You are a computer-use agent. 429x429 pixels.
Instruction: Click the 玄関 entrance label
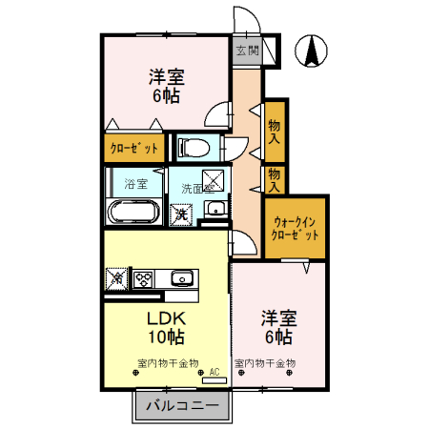(x=247, y=49)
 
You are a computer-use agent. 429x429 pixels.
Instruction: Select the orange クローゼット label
(x=133, y=148)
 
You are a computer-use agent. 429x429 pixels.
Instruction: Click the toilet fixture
(x=194, y=148)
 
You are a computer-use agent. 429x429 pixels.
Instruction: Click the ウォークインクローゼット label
(x=295, y=226)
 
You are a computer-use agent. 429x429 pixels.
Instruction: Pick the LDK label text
(x=164, y=317)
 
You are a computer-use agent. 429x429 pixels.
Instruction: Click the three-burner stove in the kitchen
(x=144, y=279)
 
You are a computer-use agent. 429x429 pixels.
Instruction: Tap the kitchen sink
(x=182, y=279)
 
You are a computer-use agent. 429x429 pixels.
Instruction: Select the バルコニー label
(x=183, y=406)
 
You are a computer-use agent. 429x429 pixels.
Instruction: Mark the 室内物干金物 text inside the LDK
(x=168, y=363)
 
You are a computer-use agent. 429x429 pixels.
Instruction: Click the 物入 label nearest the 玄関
(x=276, y=126)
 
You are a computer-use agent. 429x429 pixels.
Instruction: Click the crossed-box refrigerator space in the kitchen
(x=117, y=279)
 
